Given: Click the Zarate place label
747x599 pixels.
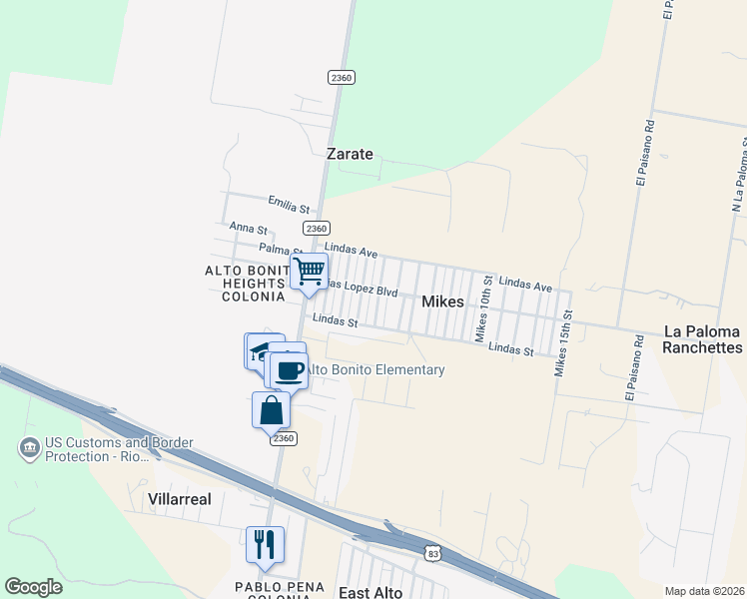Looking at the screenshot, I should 350,154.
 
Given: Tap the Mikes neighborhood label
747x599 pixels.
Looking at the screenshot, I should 442,300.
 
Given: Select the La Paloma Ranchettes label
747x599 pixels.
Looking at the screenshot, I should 703,339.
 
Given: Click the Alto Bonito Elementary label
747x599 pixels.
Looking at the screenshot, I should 374,369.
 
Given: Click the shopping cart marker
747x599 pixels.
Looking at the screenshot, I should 310,271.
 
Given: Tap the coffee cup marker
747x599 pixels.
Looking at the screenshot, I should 290,370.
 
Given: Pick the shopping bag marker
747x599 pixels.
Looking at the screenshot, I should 271,409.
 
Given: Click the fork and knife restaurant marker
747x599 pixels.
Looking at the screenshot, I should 264,544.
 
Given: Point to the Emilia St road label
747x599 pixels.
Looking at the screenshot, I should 288,207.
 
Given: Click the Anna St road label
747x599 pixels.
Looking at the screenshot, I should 248,229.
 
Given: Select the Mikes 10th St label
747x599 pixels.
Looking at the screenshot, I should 483,312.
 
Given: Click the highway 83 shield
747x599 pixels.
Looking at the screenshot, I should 431,552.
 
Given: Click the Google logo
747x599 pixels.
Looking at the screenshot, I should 33,587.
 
